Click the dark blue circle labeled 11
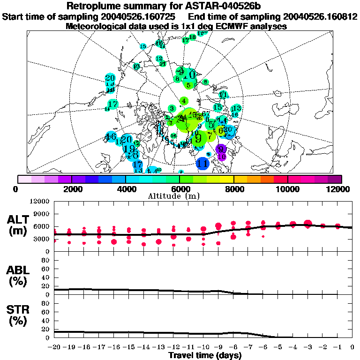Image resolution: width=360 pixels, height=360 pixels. [202, 164]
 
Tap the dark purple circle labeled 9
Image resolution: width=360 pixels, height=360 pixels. [220, 150]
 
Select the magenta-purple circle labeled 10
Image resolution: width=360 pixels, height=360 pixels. [222, 157]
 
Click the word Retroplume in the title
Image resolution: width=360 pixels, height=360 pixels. [94, 6]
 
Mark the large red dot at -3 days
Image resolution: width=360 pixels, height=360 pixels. [307, 224]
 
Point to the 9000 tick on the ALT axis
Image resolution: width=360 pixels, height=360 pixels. [43, 214]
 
